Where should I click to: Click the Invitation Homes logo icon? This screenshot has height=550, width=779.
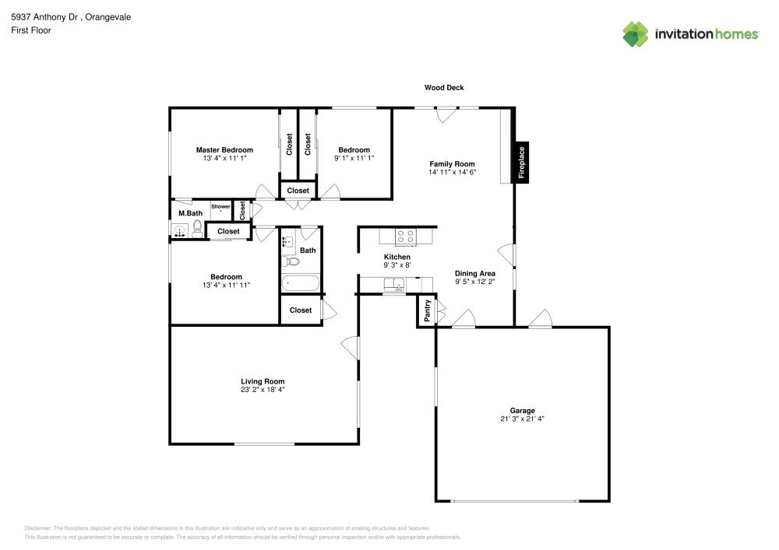[636, 34]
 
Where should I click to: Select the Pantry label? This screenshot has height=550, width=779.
[427, 312]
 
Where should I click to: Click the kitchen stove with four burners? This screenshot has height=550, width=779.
[406, 236]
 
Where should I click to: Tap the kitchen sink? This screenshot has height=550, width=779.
[395, 285]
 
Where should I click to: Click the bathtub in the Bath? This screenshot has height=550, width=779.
[301, 284]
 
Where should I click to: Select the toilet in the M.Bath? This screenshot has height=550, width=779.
[198, 229]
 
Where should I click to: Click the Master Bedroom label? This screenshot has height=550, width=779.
[224, 150]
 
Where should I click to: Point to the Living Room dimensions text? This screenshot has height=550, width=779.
[263, 390]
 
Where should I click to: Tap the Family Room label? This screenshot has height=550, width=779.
[452, 164]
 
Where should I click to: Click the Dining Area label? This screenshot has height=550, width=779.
[475, 274]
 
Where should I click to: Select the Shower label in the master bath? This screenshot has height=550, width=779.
[220, 206]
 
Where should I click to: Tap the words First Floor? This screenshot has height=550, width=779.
[30, 30]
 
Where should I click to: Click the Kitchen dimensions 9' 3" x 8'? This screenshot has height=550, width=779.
[397, 265]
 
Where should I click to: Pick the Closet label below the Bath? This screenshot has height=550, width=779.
[301, 310]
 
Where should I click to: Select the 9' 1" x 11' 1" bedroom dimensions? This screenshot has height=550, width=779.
[354, 158]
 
